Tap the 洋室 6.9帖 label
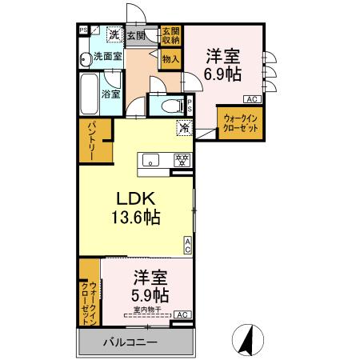223,64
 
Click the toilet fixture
170,106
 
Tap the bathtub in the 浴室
89,94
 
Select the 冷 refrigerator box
184,126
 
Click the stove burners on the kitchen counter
182,160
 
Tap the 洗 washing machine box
114,34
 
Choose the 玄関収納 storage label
171,35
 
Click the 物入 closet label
170,58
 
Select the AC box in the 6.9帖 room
251,99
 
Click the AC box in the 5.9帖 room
182,314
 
